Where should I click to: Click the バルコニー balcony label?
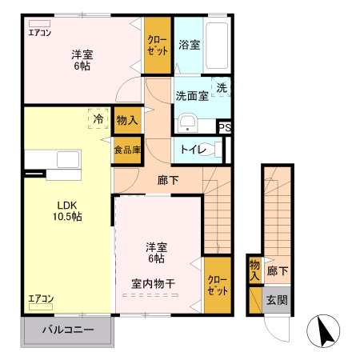(68, 330)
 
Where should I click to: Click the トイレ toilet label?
(192, 150)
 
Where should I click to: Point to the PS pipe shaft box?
(225, 126)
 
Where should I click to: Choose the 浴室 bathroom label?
(190, 45)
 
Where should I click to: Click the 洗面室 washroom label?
(192, 96)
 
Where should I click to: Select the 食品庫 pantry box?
(126, 150)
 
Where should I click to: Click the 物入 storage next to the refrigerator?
(126, 120)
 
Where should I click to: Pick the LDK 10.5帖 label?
(68, 210)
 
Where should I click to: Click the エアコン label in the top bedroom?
(39, 33)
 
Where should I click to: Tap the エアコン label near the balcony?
(40, 298)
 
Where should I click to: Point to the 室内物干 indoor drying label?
(154, 283)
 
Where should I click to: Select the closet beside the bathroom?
(158, 46)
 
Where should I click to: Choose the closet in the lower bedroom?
(217, 285)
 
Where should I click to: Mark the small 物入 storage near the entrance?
(254, 270)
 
